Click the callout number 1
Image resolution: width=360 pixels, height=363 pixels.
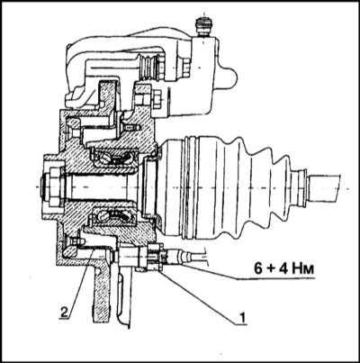242,317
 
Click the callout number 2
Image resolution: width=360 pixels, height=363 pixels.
64,311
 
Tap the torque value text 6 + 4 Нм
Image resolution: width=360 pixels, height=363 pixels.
284,268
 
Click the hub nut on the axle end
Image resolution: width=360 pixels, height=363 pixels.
52,186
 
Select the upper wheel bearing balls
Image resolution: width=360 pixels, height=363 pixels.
117,159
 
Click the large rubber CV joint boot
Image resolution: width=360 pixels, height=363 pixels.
228,188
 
